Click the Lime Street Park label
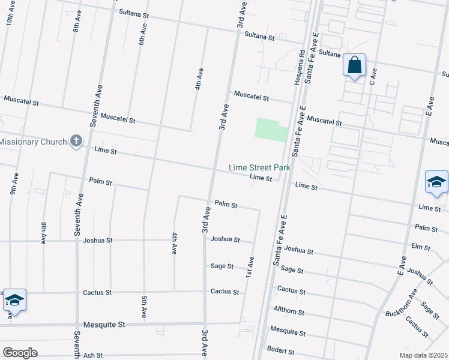click(x=259, y=167)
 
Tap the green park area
click(x=271, y=130)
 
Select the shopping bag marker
click(x=354, y=64)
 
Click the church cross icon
click(x=76, y=141)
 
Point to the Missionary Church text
click(x=32, y=142)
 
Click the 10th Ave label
click(x=10, y=28)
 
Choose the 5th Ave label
click(x=144, y=306)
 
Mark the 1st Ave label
click(x=250, y=266)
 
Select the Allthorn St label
click(x=289, y=313)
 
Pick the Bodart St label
click(x=282, y=351)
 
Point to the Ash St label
click(x=93, y=355)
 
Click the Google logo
click(x=20, y=353)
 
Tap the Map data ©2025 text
click(x=423, y=355)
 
